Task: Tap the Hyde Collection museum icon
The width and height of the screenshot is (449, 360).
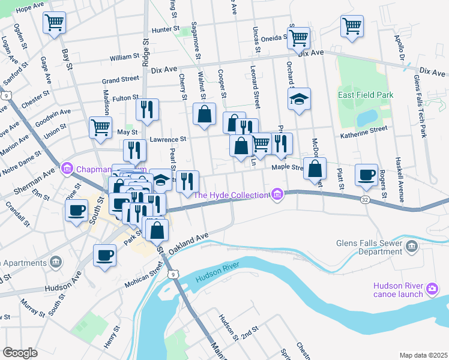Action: (x=277, y=194)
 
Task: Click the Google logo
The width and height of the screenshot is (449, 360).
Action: (x=20, y=353)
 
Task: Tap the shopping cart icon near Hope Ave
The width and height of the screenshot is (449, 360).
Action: (x=54, y=23)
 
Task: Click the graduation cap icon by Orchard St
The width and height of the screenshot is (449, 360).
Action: (x=298, y=100)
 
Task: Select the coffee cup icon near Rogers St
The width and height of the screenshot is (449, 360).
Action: (x=366, y=174)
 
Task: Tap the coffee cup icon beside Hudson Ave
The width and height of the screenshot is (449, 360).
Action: (x=104, y=254)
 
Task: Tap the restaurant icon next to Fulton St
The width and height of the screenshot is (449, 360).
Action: (x=147, y=109)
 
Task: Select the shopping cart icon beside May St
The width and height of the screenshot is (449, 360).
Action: (x=100, y=126)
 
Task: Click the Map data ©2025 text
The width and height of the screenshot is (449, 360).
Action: (x=423, y=355)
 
